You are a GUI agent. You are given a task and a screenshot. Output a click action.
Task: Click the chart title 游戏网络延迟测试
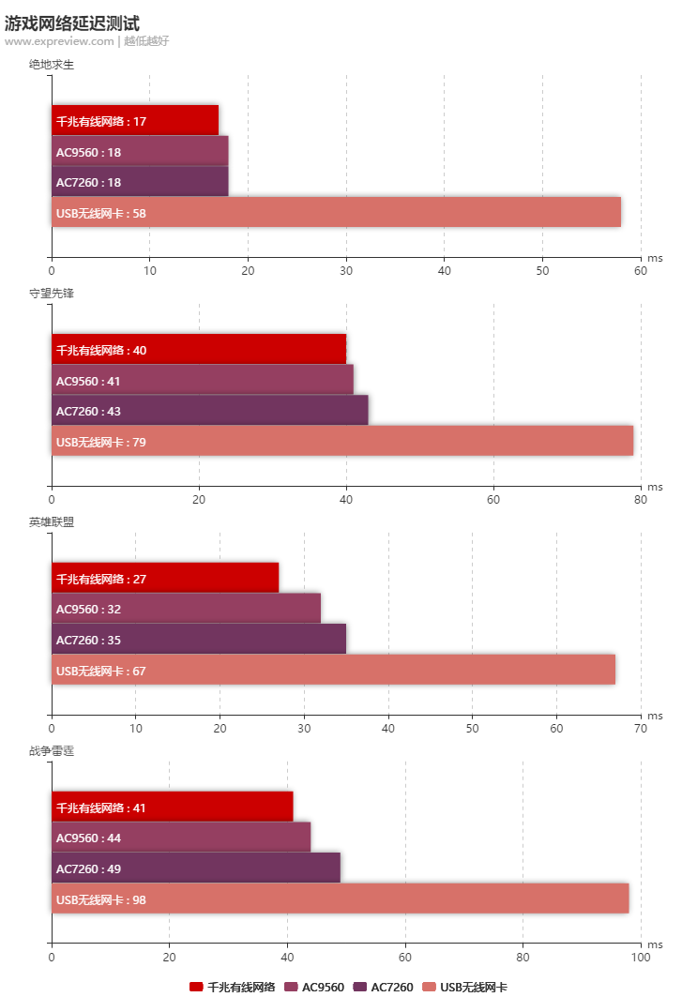point(72,23)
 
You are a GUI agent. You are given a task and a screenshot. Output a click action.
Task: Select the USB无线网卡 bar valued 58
point(336,213)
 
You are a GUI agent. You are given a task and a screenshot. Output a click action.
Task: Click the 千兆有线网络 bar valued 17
point(135,121)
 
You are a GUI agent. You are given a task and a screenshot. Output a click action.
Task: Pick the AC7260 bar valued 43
point(209,411)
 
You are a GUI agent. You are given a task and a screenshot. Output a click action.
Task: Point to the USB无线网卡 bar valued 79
point(342,442)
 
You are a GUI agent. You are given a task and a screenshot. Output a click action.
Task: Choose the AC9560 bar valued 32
point(186,609)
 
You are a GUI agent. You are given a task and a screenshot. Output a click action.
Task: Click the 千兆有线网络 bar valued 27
point(165,579)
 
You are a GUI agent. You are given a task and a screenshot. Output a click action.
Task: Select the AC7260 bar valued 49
point(195,869)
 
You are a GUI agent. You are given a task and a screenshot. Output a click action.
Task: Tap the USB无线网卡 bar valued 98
point(340,899)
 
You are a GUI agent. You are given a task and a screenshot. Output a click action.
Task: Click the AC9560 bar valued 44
point(181,838)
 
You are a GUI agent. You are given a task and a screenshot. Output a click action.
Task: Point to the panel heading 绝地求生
point(52,64)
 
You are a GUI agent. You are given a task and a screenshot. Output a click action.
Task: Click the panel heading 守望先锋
point(52,293)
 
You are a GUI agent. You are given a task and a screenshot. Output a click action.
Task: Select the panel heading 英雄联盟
point(52,521)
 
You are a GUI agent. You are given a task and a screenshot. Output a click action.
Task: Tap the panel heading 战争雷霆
point(52,750)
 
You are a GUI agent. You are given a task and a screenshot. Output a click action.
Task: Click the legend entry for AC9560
point(314,987)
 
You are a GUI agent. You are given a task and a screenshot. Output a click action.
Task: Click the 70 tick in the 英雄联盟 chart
point(641,729)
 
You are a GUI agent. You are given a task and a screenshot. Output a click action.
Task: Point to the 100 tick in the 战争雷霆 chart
point(641,958)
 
